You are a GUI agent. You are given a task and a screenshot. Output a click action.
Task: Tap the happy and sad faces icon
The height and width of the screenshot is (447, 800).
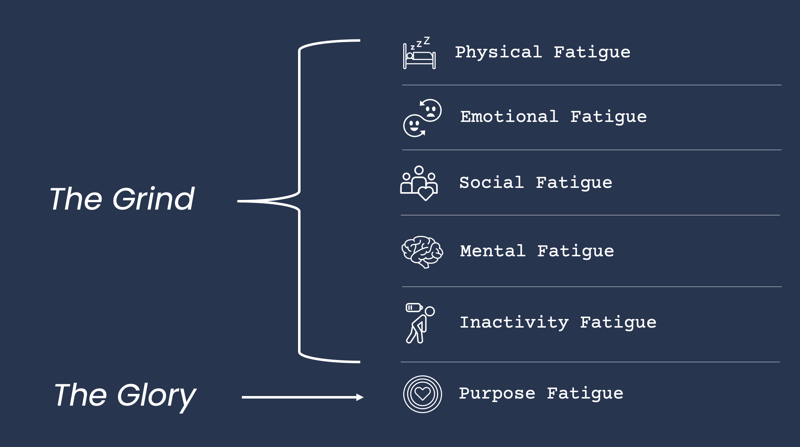coord(422,118)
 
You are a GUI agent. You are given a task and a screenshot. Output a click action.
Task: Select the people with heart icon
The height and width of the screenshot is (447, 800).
coord(419,183)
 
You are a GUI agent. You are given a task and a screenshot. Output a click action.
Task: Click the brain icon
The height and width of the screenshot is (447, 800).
coord(422,251)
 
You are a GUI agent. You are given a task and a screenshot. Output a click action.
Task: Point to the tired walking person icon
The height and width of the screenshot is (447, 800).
coord(420,324)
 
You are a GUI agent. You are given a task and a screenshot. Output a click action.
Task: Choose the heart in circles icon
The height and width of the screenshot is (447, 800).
coord(422,394)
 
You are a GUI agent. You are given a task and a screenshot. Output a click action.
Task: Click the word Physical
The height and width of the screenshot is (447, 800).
coord(498,52)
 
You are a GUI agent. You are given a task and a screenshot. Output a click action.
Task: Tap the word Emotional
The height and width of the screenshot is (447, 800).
coord(509,117)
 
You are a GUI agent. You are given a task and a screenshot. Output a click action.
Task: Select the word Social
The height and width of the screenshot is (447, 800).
coord(491,183)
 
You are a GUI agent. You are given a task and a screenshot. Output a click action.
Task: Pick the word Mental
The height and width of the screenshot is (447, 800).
coord(493,251)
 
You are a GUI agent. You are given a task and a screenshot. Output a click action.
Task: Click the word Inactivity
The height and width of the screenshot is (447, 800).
coord(514,322)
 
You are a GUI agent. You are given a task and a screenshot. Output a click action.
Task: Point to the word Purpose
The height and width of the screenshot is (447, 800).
coord(497,394)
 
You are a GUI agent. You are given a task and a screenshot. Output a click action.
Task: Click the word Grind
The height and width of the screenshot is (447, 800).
coord(154,199)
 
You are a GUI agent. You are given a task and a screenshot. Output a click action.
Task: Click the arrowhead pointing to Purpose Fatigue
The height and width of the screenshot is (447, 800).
coord(360,397)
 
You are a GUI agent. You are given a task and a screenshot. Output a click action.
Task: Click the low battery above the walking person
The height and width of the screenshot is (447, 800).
coord(414,307)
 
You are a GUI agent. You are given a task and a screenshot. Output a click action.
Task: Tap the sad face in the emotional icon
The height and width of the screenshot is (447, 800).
coord(431,110)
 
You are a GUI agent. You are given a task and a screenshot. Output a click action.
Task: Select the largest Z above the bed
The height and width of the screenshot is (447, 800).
coord(427,41)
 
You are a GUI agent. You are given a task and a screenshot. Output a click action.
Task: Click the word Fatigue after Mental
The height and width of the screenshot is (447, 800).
coord(575,251)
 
